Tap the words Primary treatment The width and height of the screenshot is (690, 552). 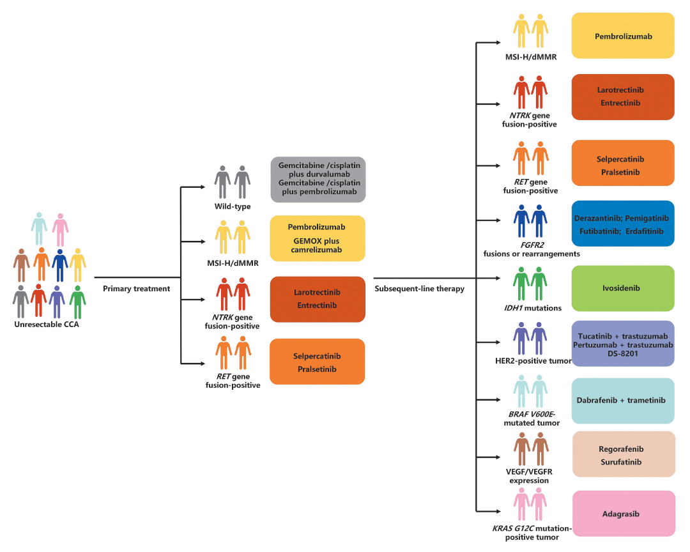tap(137, 289)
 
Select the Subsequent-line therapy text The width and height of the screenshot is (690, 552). tap(419, 289)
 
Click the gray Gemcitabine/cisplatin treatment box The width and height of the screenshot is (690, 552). tap(318, 180)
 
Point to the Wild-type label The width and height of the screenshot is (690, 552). tap(233, 206)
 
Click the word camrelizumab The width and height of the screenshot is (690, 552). tap(318, 250)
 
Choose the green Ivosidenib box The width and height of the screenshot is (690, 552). tap(623, 288)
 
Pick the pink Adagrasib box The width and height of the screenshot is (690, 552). tap(623, 514)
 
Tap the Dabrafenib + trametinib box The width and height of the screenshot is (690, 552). tap(623, 401)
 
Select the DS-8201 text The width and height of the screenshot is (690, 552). tap(623, 355)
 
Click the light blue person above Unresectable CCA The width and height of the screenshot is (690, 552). tap(39, 229)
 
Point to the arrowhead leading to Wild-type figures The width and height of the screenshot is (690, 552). tap(206, 187)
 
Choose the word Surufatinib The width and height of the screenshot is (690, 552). tap(623, 461)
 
